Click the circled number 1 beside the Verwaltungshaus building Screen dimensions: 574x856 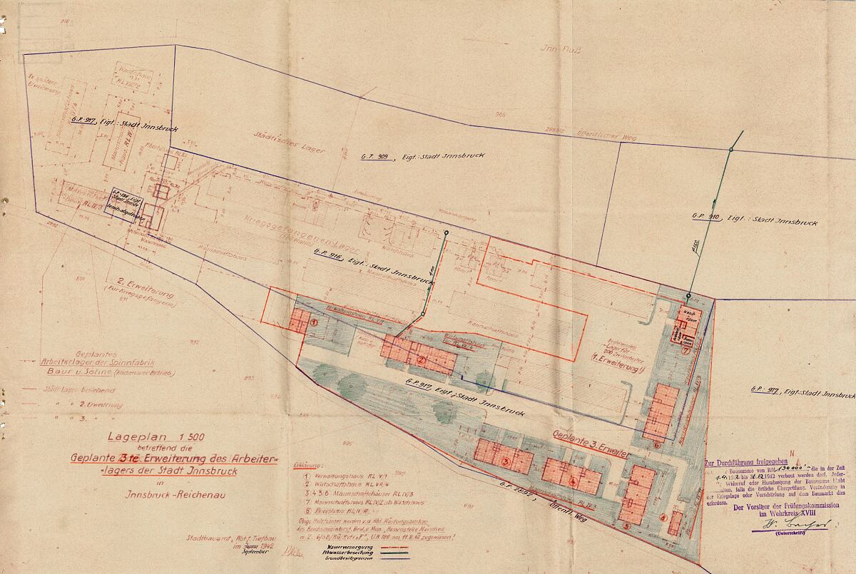click(313, 323)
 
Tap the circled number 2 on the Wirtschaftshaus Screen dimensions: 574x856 click(421, 360)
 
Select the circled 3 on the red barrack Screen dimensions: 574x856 click(506, 461)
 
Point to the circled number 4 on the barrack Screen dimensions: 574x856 click(573, 481)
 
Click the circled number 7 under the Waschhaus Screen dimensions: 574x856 click(686, 350)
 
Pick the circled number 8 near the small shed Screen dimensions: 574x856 click(663, 517)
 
